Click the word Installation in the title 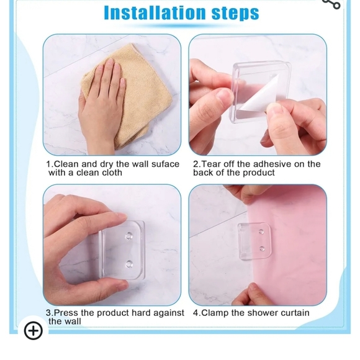coord(155,12)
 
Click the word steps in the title coord(235,13)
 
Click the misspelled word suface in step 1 coord(165,164)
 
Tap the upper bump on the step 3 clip coord(129,236)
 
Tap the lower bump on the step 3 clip coord(129,264)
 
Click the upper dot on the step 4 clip coord(261,232)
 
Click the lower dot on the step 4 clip coord(262,249)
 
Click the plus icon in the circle coord(34,331)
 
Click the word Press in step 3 coord(66,313)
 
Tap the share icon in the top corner coord(332,4)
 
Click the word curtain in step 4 coord(295,313)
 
